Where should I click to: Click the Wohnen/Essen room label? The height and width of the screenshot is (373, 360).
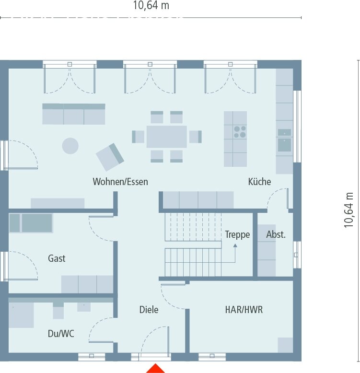[x=120, y=182]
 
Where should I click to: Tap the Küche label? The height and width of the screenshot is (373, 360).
[x=259, y=182]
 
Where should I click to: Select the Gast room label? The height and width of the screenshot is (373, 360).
[x=57, y=258]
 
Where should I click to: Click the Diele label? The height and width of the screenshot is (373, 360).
[x=149, y=310]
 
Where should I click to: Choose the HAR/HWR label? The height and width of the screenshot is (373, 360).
[x=244, y=310]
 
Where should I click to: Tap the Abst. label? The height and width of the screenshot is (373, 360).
[x=276, y=234]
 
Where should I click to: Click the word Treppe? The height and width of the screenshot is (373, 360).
[x=237, y=234]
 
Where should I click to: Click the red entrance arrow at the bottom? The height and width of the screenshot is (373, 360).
[x=155, y=368]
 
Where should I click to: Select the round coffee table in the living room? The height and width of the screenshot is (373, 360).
[x=70, y=146]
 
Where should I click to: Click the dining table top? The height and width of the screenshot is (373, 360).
[x=166, y=137]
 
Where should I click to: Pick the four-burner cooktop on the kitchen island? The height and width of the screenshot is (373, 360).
[x=240, y=132]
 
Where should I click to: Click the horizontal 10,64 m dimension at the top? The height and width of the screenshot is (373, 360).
[x=151, y=6]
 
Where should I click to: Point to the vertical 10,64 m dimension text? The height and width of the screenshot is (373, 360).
[x=348, y=210]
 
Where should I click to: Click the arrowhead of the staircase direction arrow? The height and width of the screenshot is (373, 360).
[x=235, y=245]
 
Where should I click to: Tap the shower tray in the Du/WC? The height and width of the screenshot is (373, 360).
[x=20, y=315]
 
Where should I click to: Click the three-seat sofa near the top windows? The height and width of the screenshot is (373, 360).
[x=74, y=114]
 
